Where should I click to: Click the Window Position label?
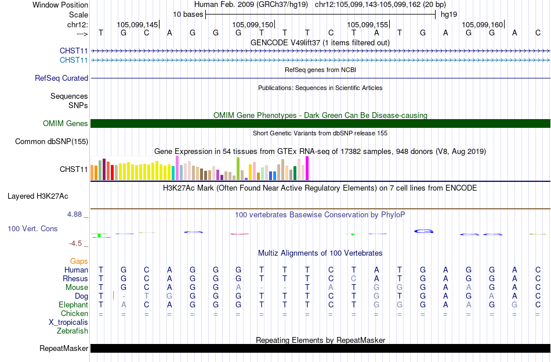(60, 5)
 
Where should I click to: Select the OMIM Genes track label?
(66, 124)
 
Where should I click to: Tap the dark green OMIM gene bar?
(320, 123)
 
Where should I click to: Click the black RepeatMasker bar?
(320, 348)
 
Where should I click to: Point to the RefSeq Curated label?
(61, 78)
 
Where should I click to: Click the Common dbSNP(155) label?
(52, 142)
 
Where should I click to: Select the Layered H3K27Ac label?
(38, 196)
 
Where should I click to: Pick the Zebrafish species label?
(72, 331)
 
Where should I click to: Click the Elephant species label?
(74, 305)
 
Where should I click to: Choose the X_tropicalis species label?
(68, 322)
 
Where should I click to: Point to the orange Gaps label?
(79, 261)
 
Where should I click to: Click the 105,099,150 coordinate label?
(253, 24)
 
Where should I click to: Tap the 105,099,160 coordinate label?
(483, 24)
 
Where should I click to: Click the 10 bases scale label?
(188, 15)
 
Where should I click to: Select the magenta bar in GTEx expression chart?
(307, 169)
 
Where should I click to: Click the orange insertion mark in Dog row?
(113, 295)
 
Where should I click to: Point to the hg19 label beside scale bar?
(449, 15)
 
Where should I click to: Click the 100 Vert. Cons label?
(32, 229)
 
